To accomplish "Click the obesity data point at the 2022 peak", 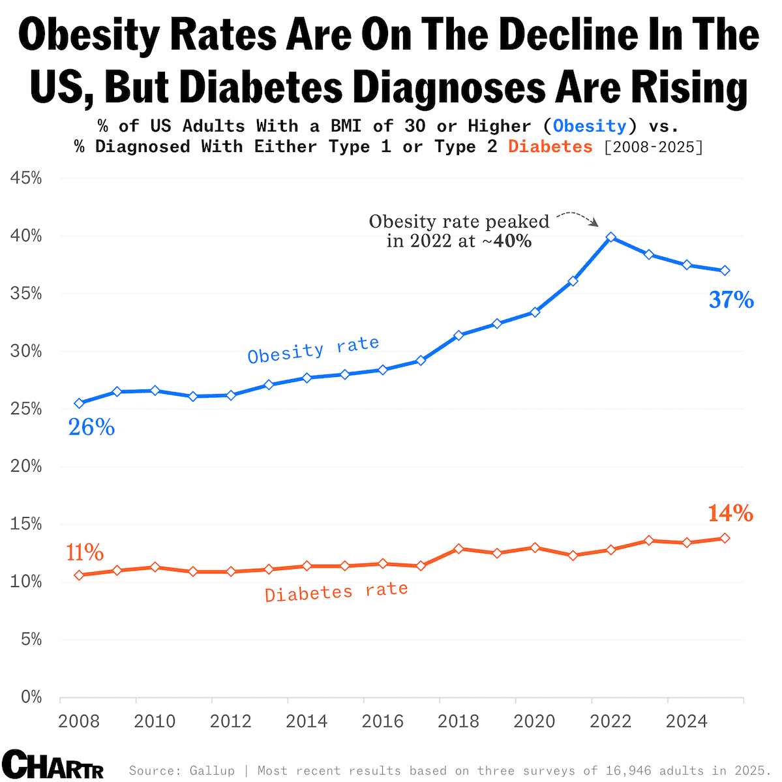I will [611, 237].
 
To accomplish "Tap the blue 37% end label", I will [731, 300].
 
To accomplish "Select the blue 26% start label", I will [92, 427].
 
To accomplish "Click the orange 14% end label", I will [730, 514].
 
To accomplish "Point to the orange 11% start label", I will [85, 553].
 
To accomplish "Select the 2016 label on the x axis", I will [383, 721].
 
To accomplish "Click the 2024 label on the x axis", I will [687, 721].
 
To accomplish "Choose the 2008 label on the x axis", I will [79, 721].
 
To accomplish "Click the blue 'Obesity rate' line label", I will [313, 350].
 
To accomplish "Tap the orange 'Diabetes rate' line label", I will [336, 592].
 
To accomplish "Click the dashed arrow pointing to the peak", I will [578, 217].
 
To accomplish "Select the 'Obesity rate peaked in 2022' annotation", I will [459, 231].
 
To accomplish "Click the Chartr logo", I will [52, 764].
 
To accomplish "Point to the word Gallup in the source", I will [212, 771].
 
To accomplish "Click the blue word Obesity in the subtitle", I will [590, 126].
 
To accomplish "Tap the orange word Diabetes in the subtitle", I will [550, 147].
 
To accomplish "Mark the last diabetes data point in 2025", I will [725, 538].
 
